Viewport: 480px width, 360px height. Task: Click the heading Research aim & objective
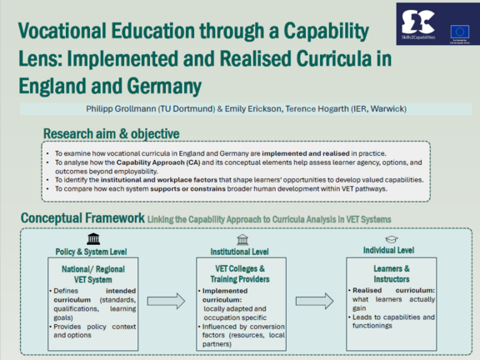(111, 134)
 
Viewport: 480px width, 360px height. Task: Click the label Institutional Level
(240, 250)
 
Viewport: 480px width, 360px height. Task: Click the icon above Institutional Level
(240, 238)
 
